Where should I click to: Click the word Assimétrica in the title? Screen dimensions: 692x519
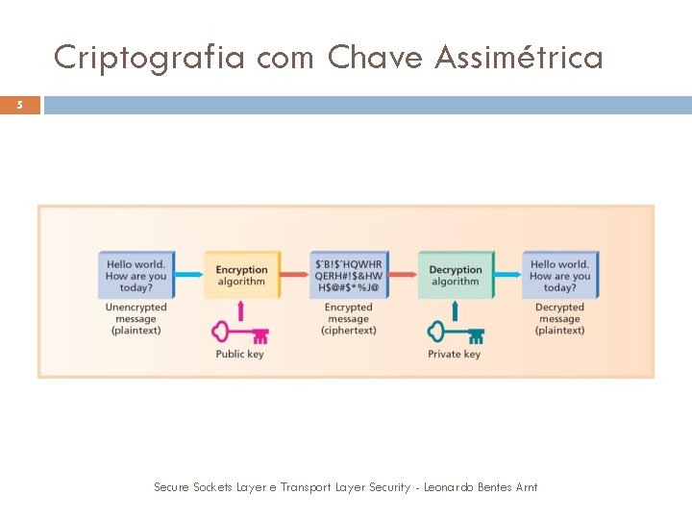pyautogui.click(x=519, y=59)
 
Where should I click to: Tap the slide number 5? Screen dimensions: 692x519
pyautogui.click(x=19, y=105)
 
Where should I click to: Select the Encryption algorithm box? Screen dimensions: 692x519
pyautogui.click(x=241, y=276)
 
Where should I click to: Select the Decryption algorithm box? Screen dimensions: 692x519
pyautogui.click(x=455, y=276)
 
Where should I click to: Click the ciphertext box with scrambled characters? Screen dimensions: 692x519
pyautogui.click(x=348, y=276)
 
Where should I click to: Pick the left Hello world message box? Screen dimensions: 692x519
pyautogui.click(x=136, y=276)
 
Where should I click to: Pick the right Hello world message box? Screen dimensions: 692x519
pyautogui.click(x=559, y=276)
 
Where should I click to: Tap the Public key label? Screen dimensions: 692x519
pyautogui.click(x=240, y=355)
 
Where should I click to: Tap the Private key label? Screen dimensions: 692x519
pyautogui.click(x=455, y=355)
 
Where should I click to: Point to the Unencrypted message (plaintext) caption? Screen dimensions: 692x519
pyautogui.click(x=136, y=319)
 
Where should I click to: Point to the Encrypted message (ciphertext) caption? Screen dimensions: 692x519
pyautogui.click(x=348, y=319)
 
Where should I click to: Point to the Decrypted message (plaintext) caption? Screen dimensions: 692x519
pyautogui.click(x=559, y=319)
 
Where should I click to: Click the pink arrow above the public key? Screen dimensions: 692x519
pyautogui.click(x=240, y=309)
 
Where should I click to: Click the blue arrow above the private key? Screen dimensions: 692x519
pyautogui.click(x=455, y=309)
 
